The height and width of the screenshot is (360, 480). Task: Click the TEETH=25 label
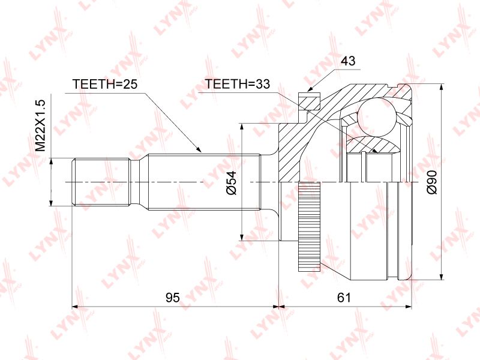point(104,83)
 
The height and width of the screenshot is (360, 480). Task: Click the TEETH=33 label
point(238,83)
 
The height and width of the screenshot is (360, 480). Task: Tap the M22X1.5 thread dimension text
point(40,125)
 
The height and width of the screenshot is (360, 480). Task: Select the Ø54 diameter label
point(232,183)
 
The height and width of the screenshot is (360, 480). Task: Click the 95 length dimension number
point(173,297)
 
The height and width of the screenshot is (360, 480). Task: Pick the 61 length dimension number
point(344,297)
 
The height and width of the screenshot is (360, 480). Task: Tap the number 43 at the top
point(348,61)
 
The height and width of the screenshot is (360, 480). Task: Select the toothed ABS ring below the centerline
point(309,227)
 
